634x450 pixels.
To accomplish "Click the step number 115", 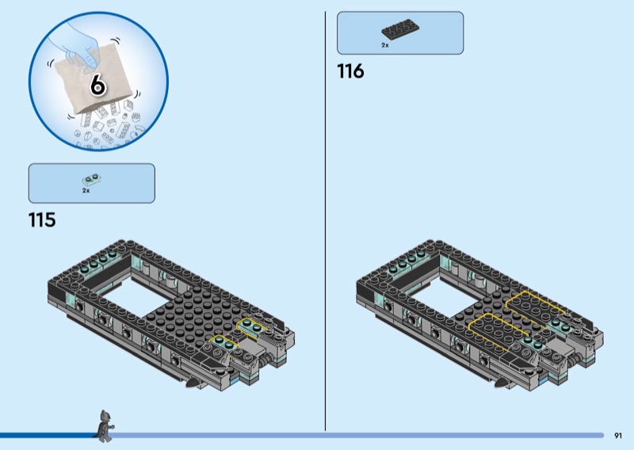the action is point(42,220).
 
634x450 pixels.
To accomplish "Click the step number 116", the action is point(350,71).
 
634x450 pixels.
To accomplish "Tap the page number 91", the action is point(618,436).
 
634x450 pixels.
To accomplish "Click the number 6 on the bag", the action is point(97,85).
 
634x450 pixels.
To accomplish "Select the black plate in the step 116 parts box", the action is point(400,30).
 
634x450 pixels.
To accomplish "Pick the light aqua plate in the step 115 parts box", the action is point(91,179).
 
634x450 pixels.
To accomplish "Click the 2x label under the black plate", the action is point(385,45).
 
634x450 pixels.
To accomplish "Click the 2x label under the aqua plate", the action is point(86,190).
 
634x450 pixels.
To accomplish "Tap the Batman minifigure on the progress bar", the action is point(105,425).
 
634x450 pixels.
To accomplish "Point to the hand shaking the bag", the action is point(78,44).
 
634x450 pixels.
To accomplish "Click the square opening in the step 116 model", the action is point(444,296).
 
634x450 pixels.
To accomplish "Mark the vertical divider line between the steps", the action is point(325,221).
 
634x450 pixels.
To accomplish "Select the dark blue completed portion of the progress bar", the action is point(48,436).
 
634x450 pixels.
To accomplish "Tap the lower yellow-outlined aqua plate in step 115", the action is point(223,344).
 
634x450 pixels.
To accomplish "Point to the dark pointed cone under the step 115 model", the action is point(194,383).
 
